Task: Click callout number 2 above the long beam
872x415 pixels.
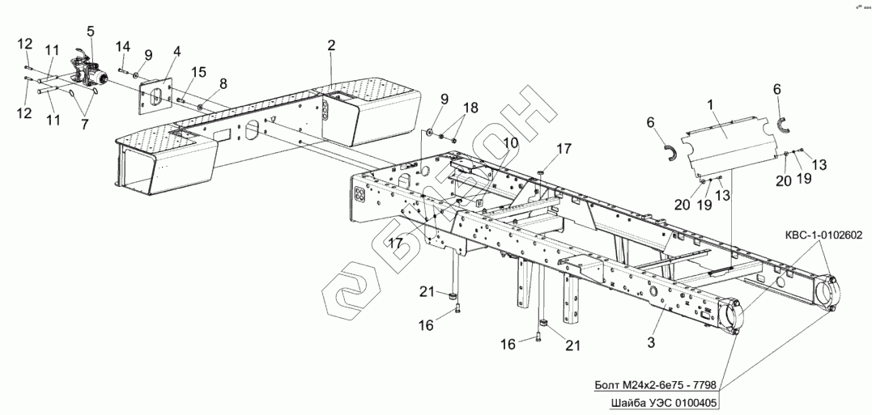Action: pos(331,45)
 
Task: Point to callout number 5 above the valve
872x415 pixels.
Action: pos(91,32)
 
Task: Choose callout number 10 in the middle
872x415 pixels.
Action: pos(508,142)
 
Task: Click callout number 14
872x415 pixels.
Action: pos(123,45)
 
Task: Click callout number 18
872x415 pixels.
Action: pos(470,108)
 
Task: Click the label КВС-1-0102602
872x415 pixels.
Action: pos(823,235)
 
